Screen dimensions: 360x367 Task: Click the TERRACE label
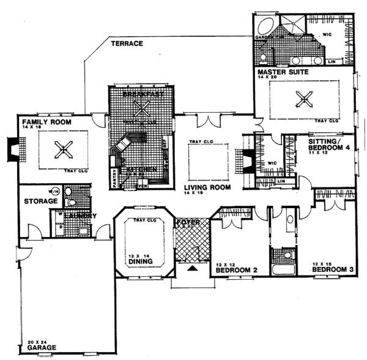coord(127,44)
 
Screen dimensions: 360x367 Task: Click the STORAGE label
coord(41,201)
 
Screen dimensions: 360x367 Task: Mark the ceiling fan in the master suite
coord(302,98)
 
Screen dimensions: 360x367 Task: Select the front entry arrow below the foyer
coord(193,268)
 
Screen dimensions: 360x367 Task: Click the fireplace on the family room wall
coord(13,150)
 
